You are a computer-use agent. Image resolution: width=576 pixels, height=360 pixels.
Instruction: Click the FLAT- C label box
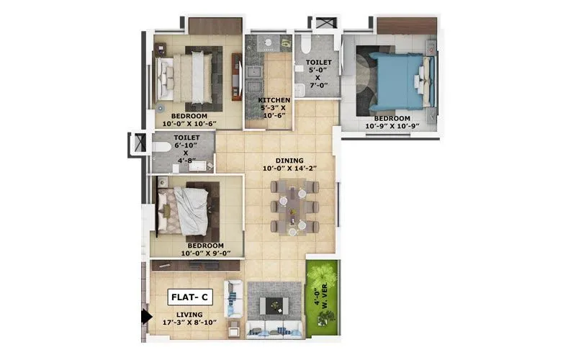point(191,296)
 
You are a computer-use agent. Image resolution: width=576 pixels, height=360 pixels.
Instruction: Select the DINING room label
point(289,161)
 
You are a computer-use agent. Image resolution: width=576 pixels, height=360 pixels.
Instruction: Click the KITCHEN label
point(274,100)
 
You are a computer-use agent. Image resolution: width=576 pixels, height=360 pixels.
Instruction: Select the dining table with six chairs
point(294,207)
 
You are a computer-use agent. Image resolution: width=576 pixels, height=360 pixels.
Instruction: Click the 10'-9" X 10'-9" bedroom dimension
point(392,126)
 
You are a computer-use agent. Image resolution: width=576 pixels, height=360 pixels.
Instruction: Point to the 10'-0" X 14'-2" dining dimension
point(289,168)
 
